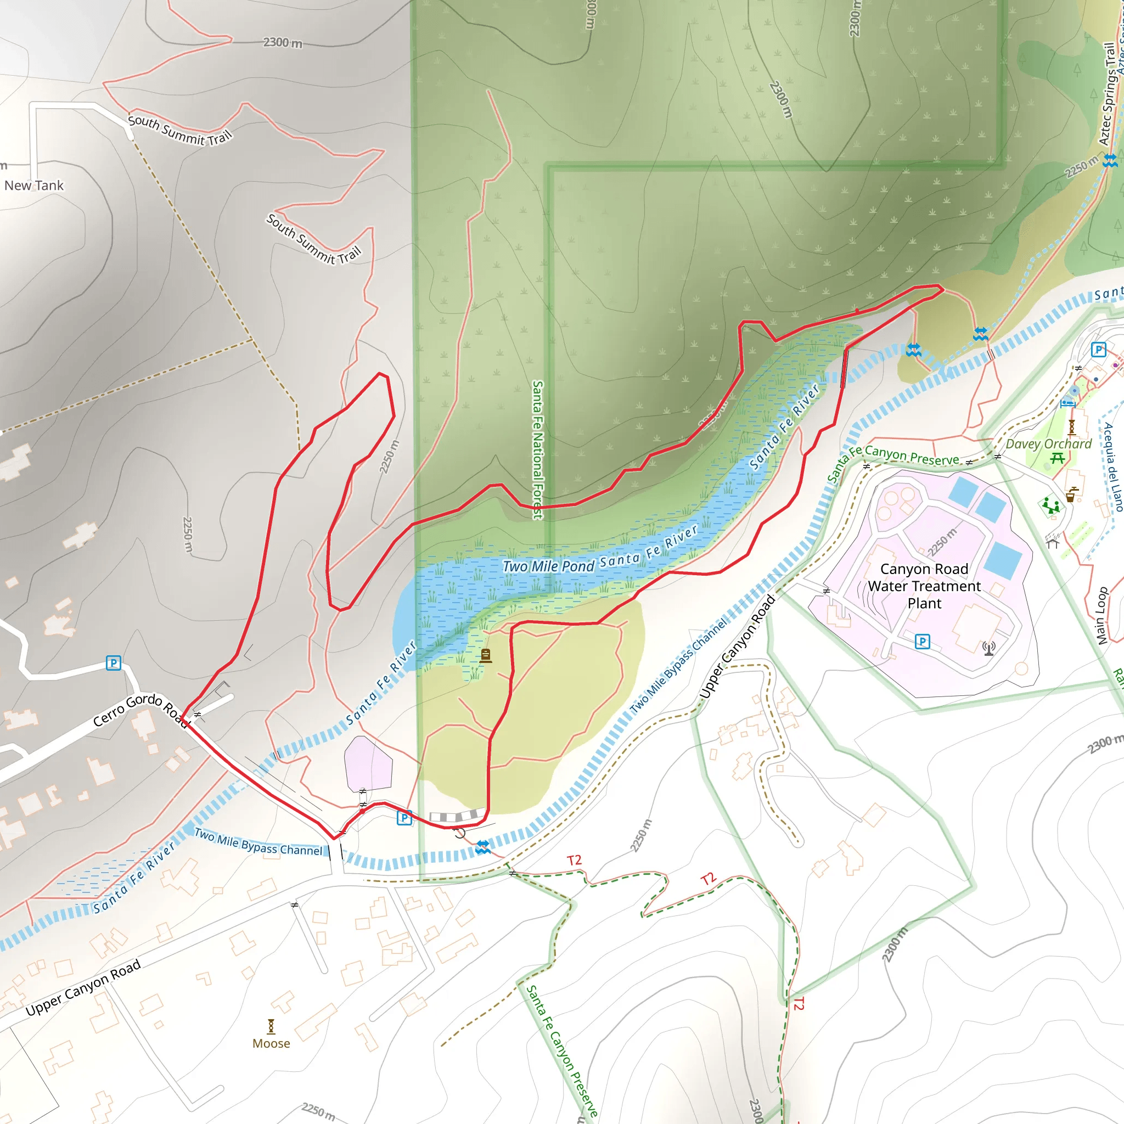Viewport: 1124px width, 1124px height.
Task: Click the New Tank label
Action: (33, 186)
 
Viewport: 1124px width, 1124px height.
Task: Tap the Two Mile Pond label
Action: (548, 566)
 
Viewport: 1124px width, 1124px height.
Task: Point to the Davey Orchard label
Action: (1048, 444)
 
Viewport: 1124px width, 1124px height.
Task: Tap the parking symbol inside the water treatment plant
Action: (922, 642)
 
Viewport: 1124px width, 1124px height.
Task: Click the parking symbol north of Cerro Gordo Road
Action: (114, 662)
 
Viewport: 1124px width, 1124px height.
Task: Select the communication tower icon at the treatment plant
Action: (988, 648)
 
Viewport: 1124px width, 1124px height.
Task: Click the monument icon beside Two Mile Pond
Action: (486, 656)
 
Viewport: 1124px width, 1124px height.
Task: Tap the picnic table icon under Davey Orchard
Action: (1057, 459)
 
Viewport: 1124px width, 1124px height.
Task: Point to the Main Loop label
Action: (1101, 616)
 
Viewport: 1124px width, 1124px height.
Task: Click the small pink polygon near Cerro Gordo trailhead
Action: (368, 763)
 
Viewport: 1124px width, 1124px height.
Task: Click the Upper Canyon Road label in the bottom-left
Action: (83, 987)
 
